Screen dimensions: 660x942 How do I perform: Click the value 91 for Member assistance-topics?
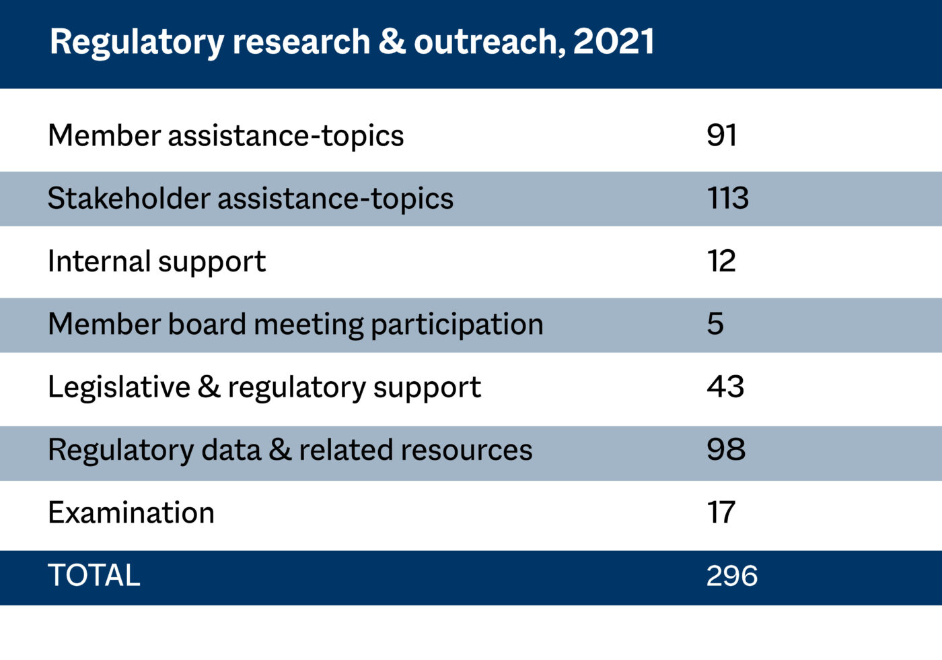(721, 135)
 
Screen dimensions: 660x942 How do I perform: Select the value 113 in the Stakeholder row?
(727, 198)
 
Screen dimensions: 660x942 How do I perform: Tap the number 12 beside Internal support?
(721, 261)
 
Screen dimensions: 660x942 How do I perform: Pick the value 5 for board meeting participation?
(715, 324)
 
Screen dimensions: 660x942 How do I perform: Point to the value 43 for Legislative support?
(725, 387)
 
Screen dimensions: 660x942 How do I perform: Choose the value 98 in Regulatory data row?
(726, 449)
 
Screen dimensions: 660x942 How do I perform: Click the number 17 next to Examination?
(721, 513)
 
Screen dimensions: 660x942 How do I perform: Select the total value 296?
(732, 576)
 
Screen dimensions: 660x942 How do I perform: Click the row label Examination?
(131, 513)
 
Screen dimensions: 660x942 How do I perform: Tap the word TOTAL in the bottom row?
(94, 576)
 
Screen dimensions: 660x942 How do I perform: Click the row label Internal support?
(157, 261)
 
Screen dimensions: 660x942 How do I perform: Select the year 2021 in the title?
(614, 42)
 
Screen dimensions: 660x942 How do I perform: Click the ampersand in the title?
(392, 42)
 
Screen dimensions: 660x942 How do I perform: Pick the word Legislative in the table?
(119, 387)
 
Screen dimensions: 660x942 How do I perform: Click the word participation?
(457, 325)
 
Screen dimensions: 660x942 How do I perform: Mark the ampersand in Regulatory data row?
(280, 450)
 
